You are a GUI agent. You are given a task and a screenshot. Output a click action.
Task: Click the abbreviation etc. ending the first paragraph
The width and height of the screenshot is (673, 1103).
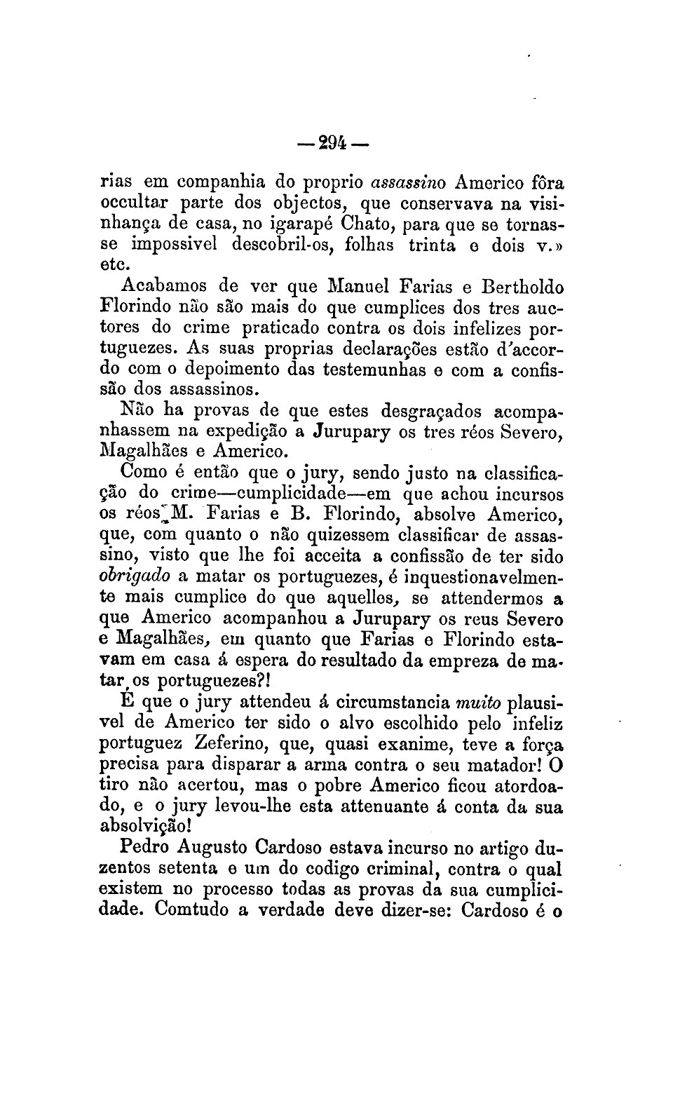pyautogui.click(x=117, y=265)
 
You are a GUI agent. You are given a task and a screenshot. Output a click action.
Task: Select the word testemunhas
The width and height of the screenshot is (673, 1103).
pyautogui.click(x=378, y=368)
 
